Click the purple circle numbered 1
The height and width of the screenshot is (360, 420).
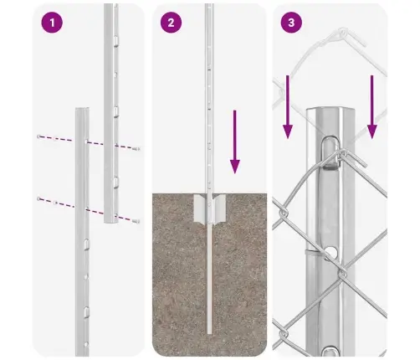pyautogui.click(x=52, y=23)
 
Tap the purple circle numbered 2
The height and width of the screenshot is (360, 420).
pyautogui.click(x=171, y=23)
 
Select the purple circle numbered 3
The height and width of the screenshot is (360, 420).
pyautogui.click(x=291, y=23)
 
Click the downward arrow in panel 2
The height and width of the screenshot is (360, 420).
pyautogui.click(x=235, y=141)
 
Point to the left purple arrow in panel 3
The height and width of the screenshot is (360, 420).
pyautogui.click(x=288, y=107)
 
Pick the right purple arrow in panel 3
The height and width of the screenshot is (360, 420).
pyautogui.click(x=372, y=107)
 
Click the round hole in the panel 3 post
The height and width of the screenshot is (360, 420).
pyautogui.click(x=331, y=252)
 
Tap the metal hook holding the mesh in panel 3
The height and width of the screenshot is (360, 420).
pyautogui.click(x=330, y=153)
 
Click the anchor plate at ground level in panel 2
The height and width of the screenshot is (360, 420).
pyautogui.click(x=209, y=208)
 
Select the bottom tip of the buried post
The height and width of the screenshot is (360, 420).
pyautogui.click(x=209, y=333)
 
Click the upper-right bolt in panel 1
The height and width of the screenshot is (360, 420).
pyautogui.click(x=136, y=149)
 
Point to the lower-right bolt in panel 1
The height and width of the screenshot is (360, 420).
pyautogui.click(x=136, y=221)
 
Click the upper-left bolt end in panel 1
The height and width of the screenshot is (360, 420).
pyautogui.click(x=38, y=136)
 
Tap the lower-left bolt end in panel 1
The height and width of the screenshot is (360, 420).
pyautogui.click(x=38, y=198)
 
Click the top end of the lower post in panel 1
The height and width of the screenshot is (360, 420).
pyautogui.click(x=82, y=109)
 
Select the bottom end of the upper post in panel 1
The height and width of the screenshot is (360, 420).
pyautogui.click(x=111, y=222)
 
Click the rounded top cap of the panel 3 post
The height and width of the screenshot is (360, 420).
pyautogui.click(x=330, y=111)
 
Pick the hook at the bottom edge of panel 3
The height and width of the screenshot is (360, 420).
pyautogui.click(x=330, y=351)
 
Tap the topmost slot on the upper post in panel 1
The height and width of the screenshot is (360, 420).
pyautogui.click(x=115, y=41)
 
